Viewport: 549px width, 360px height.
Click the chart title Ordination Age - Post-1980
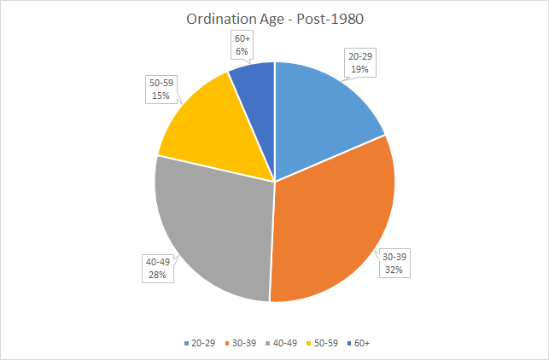pos(274,19)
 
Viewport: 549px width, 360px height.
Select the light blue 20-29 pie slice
pos(320,119)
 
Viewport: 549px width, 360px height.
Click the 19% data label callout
pos(359,62)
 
